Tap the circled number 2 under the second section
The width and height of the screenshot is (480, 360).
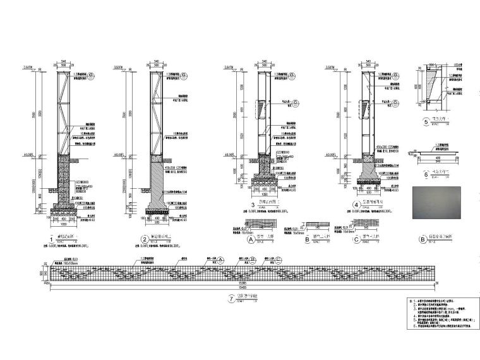144,239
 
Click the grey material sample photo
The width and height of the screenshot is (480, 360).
440,203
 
